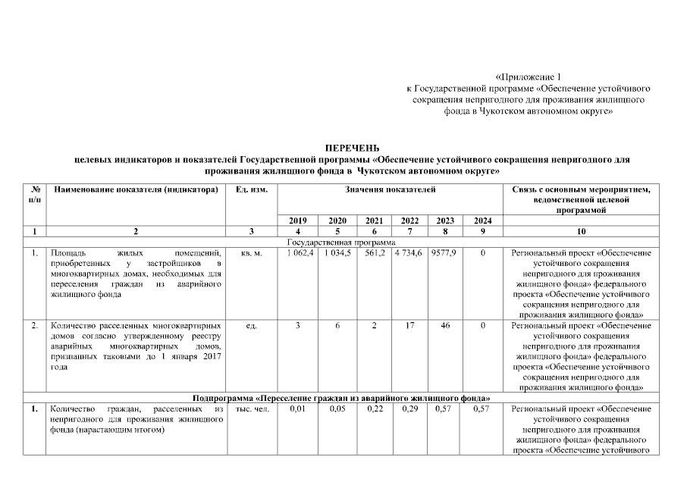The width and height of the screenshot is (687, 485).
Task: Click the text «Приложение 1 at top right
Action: click(x=530, y=77)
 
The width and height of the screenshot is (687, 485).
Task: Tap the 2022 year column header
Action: click(x=409, y=221)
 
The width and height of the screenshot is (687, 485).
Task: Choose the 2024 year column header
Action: click(x=482, y=221)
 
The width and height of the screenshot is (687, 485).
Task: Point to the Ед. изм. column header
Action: click(x=252, y=189)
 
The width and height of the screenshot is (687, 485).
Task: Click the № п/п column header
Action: click(x=35, y=193)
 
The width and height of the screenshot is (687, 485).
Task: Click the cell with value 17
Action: click(x=409, y=325)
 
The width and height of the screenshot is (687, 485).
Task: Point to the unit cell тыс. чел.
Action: click(x=252, y=409)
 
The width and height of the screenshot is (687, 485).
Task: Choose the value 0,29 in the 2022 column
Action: click(x=409, y=409)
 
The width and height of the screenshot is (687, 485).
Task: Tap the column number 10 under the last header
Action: click(x=581, y=231)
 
